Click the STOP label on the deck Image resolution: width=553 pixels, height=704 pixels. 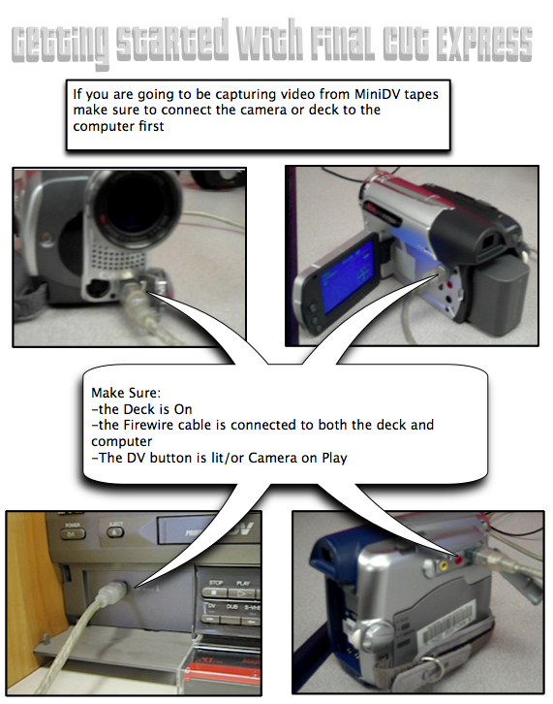tap(216, 582)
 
